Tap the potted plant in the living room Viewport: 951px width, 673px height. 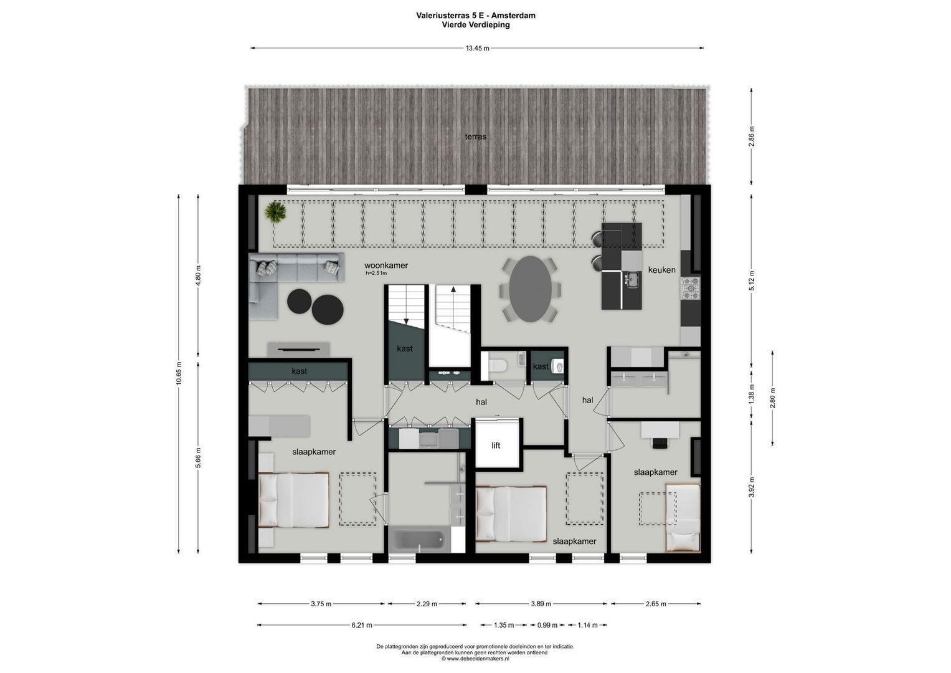[x=274, y=212]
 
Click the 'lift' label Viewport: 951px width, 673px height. [x=496, y=445]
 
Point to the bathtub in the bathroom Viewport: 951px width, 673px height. [x=419, y=540]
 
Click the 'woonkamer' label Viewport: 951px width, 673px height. [x=386, y=265]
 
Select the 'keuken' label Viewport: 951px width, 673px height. [x=661, y=270]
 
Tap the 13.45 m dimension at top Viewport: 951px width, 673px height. [x=477, y=48]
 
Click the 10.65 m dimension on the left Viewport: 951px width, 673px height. [x=179, y=374]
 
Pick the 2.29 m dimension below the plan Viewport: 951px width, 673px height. [x=427, y=603]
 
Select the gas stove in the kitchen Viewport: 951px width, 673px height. [x=690, y=289]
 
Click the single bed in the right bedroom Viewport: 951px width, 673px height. [x=683, y=517]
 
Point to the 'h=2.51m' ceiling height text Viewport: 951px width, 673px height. [x=376, y=273]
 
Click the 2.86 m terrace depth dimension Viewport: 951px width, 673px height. [x=752, y=136]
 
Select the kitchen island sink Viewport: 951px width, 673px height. [x=632, y=280]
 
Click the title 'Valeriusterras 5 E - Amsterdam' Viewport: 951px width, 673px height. [x=476, y=16]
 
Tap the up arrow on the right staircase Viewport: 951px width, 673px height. [x=453, y=290]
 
